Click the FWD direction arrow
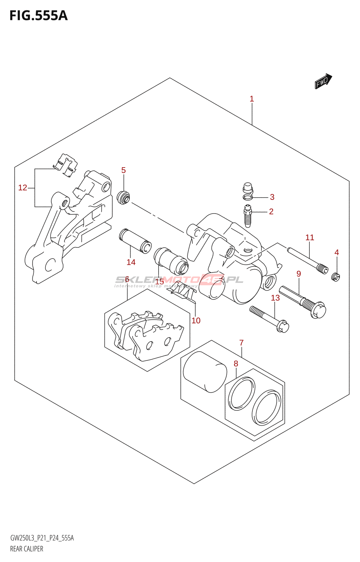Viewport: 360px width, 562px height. click(323, 81)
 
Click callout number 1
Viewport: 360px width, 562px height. click(252, 99)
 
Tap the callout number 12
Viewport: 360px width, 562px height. click(22, 188)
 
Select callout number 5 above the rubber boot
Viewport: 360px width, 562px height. click(123, 170)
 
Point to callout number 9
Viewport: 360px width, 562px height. click(298, 274)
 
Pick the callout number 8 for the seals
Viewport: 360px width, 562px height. click(236, 364)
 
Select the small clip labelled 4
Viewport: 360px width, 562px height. click(336, 277)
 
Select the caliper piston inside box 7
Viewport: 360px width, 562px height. click(205, 372)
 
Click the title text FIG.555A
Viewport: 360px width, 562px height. click(38, 15)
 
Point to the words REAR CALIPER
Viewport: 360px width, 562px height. click(27, 549)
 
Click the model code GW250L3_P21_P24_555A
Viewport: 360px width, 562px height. click(42, 538)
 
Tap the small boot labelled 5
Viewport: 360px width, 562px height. click(123, 197)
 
